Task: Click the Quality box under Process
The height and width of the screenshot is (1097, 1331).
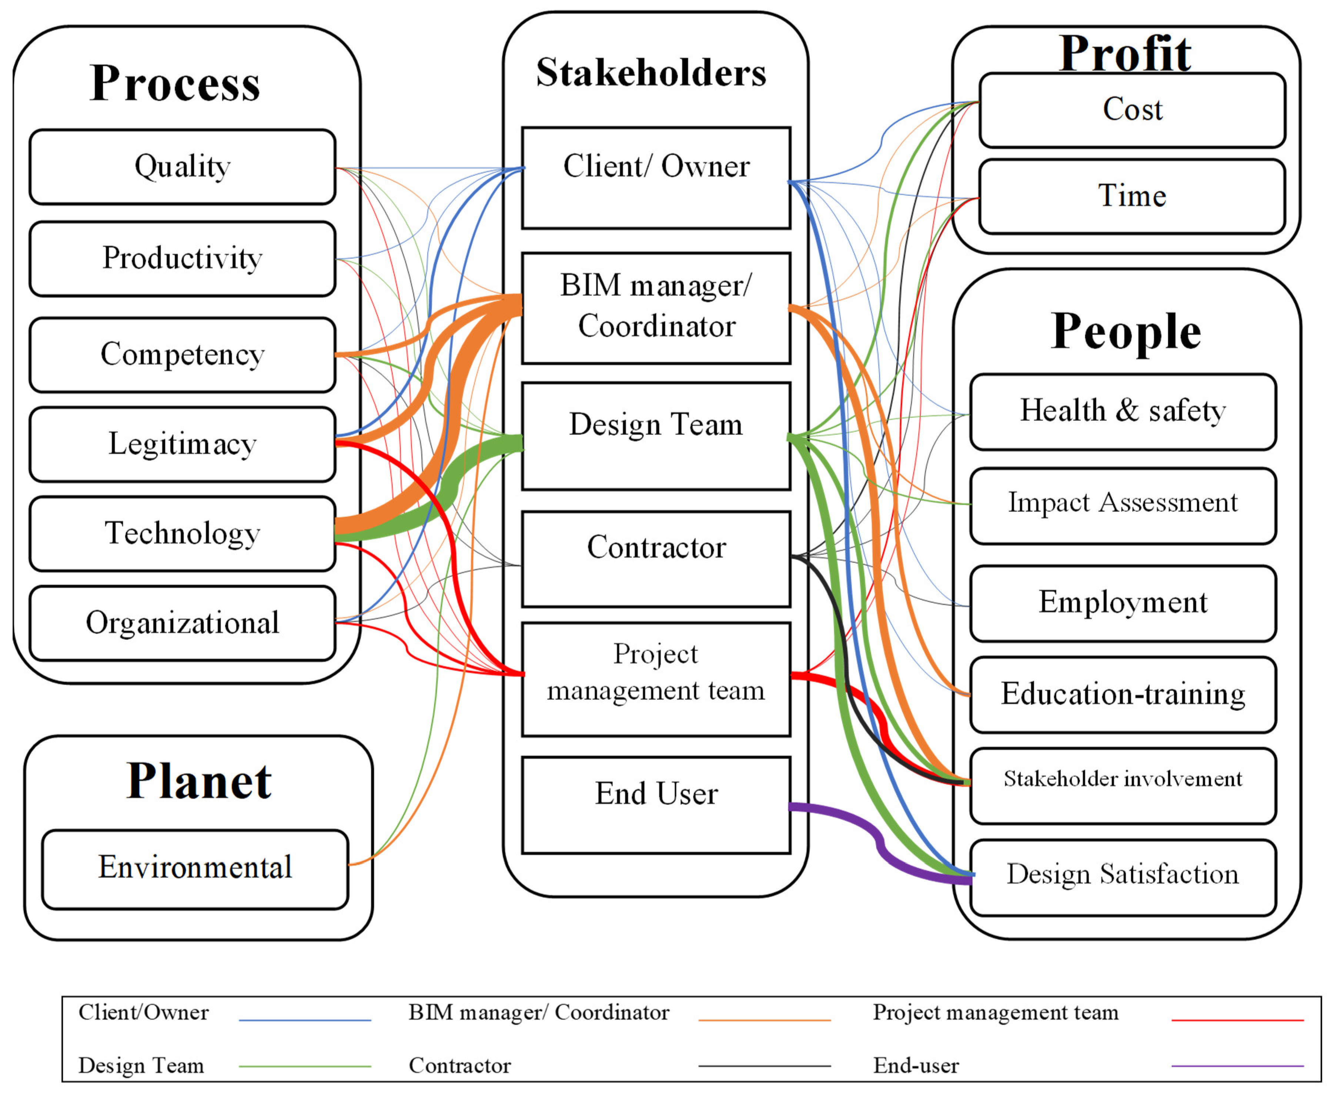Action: coord(182,167)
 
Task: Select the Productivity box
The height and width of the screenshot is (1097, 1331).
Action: coord(182,259)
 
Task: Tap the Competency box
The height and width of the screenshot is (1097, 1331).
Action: coord(182,354)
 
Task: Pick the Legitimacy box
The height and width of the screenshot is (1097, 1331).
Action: coord(182,444)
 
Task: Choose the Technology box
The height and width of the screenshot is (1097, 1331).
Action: coord(182,534)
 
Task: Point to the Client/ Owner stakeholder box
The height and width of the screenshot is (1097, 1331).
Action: coord(656,178)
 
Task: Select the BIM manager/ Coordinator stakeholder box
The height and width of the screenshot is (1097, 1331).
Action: coord(656,308)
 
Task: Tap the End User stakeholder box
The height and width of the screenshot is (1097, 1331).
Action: coord(656,804)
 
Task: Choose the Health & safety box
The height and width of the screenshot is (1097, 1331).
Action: coord(1122,411)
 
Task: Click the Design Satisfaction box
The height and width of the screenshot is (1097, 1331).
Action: coord(1122,876)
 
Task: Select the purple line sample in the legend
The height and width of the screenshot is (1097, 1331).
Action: coord(1237,1066)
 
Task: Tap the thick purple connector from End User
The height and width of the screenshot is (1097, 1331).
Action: coord(879,841)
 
